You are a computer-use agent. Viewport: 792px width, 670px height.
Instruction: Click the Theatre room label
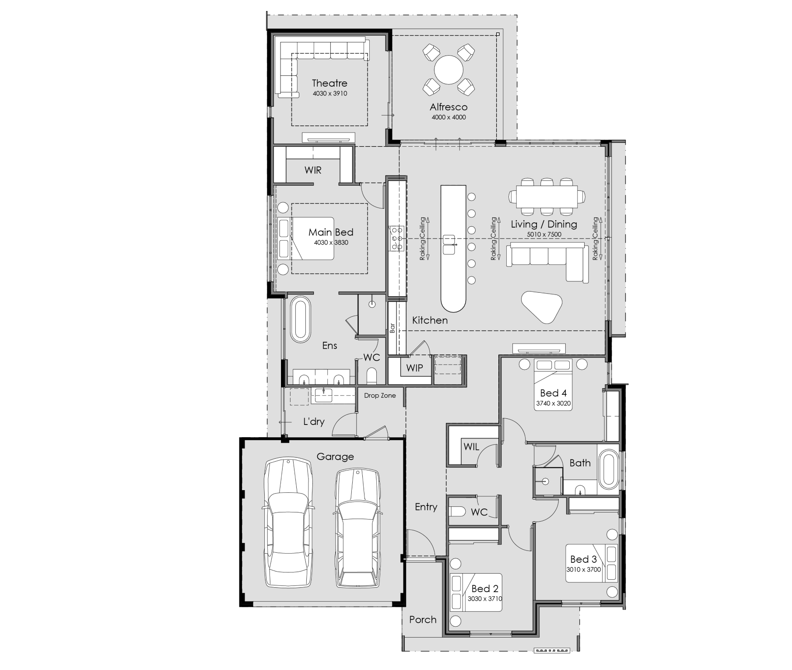(x=329, y=83)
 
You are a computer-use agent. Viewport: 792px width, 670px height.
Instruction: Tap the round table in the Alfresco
(x=449, y=70)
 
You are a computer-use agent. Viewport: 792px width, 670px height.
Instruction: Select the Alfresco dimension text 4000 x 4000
(x=449, y=117)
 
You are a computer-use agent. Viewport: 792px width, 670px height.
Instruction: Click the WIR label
(x=313, y=170)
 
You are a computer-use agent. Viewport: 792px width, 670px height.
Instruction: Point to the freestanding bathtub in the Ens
(x=300, y=320)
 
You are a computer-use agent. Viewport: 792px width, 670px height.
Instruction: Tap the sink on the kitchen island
(x=449, y=244)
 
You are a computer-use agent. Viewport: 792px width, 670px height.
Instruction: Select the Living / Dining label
(x=544, y=225)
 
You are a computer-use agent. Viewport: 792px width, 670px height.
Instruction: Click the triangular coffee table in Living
(x=541, y=307)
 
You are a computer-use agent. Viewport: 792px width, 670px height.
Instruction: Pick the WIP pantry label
(x=414, y=368)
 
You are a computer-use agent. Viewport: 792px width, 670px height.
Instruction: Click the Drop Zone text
(x=380, y=396)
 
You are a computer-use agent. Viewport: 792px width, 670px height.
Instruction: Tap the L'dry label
(x=314, y=422)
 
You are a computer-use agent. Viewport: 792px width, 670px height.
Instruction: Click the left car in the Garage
(x=288, y=523)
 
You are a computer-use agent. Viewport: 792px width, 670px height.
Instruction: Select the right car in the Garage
(x=357, y=528)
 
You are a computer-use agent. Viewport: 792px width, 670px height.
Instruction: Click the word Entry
(x=426, y=507)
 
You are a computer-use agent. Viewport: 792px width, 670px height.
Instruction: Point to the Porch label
(x=423, y=620)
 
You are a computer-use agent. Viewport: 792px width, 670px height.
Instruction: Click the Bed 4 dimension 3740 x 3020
(x=554, y=403)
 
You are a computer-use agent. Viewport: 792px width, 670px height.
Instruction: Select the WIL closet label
(x=471, y=447)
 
